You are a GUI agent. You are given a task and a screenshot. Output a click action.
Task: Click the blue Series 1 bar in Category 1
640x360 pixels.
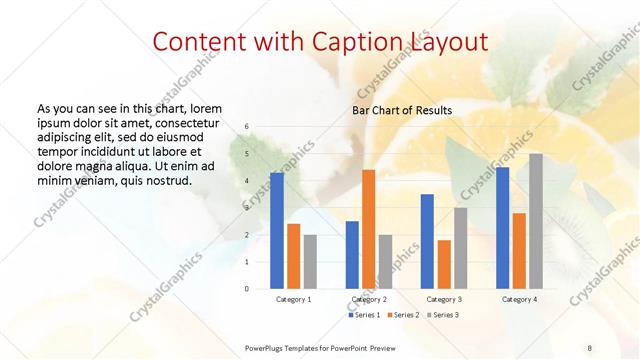277,231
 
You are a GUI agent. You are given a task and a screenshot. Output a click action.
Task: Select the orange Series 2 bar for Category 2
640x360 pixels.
368,229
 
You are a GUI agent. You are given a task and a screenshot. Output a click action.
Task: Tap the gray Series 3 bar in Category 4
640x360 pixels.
536,221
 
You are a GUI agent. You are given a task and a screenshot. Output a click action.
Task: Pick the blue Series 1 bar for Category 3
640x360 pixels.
427,241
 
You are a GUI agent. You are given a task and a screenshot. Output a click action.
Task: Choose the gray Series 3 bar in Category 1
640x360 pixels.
310,261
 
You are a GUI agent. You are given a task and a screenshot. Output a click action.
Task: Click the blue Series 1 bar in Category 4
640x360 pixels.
502,228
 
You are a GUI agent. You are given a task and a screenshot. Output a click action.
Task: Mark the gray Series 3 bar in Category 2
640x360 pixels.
385,261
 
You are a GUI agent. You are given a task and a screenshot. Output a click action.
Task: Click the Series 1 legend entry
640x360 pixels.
365,315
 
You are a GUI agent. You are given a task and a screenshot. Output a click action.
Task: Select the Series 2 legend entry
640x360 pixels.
404,315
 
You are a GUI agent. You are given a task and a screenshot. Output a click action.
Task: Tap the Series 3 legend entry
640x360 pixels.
443,315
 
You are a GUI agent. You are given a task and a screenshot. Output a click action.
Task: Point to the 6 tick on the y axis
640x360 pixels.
246,127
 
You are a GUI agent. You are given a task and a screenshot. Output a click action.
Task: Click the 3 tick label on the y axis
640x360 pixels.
246,208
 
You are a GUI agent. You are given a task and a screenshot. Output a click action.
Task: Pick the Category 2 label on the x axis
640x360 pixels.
368,299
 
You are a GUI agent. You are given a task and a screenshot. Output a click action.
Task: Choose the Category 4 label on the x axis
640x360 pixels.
519,299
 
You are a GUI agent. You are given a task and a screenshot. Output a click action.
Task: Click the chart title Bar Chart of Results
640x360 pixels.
401,110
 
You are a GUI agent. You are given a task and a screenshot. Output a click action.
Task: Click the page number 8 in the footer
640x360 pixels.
589,346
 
